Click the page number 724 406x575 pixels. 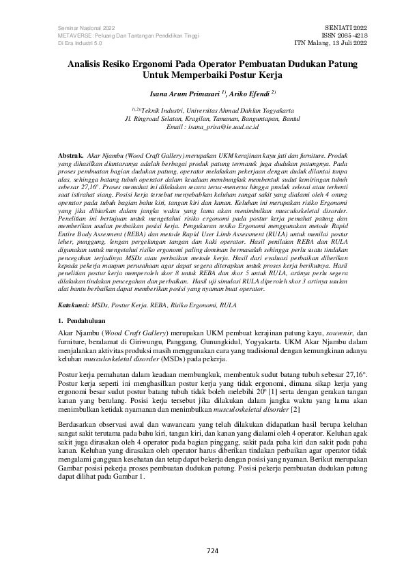pyautogui.click(x=203, y=551)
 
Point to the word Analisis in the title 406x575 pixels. pyautogui.click(x=87, y=61)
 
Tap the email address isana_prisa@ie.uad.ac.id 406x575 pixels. pyautogui.click(x=221, y=127)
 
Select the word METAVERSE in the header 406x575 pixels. pyautogui.click(x=72, y=34)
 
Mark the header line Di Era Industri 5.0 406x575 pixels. pyautogui.click(x=76, y=42)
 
